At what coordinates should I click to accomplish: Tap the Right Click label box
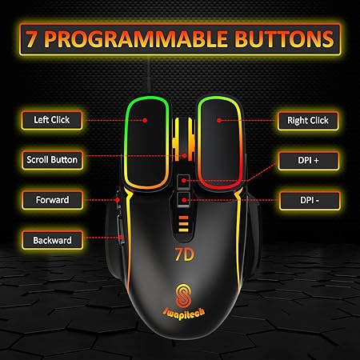(x=302, y=121)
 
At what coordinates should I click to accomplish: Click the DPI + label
(x=302, y=160)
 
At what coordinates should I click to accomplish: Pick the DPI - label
(x=302, y=199)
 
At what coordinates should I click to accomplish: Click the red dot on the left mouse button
(x=146, y=120)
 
